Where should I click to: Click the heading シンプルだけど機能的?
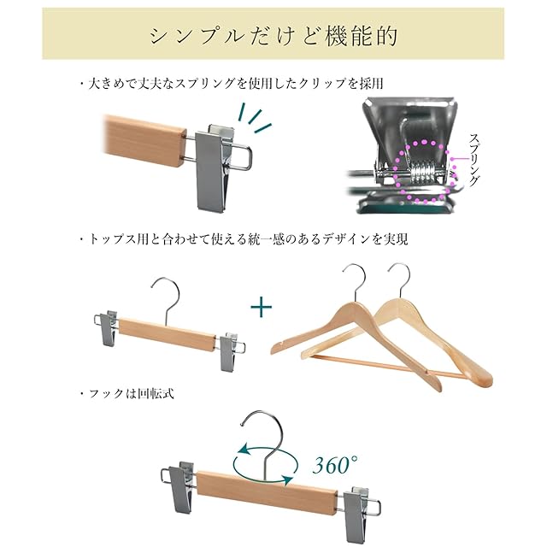pos(273,36)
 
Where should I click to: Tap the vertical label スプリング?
pos(473,160)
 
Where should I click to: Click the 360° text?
pos(335,464)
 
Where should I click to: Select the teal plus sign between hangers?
pos(262,306)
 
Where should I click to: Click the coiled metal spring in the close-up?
pos(421,173)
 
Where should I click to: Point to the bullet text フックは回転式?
pos(126,394)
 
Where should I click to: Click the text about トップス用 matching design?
pos(243,239)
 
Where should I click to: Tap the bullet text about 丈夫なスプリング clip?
pos(231,84)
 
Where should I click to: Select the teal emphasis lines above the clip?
pos(256,118)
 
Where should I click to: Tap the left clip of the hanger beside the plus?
pos(107,327)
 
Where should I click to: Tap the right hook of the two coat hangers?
pos(401,279)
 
